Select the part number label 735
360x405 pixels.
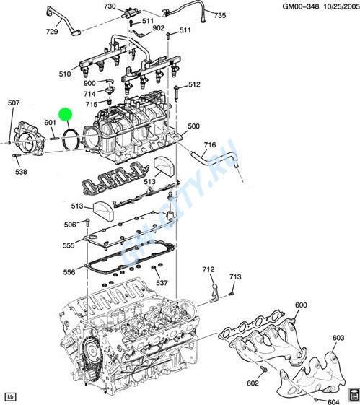[x=219, y=15]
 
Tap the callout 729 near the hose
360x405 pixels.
[x=52, y=32]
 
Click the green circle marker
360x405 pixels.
[x=66, y=113]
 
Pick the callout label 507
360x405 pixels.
[x=14, y=103]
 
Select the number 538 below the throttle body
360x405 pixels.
[x=21, y=172]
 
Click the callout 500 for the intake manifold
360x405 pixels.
[x=193, y=126]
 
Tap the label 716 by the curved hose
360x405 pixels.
[x=209, y=145]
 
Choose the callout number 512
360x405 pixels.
[x=193, y=85]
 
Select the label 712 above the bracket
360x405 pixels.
[x=208, y=269]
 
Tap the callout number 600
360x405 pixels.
[x=301, y=305]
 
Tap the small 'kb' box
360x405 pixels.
[x=10, y=396]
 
